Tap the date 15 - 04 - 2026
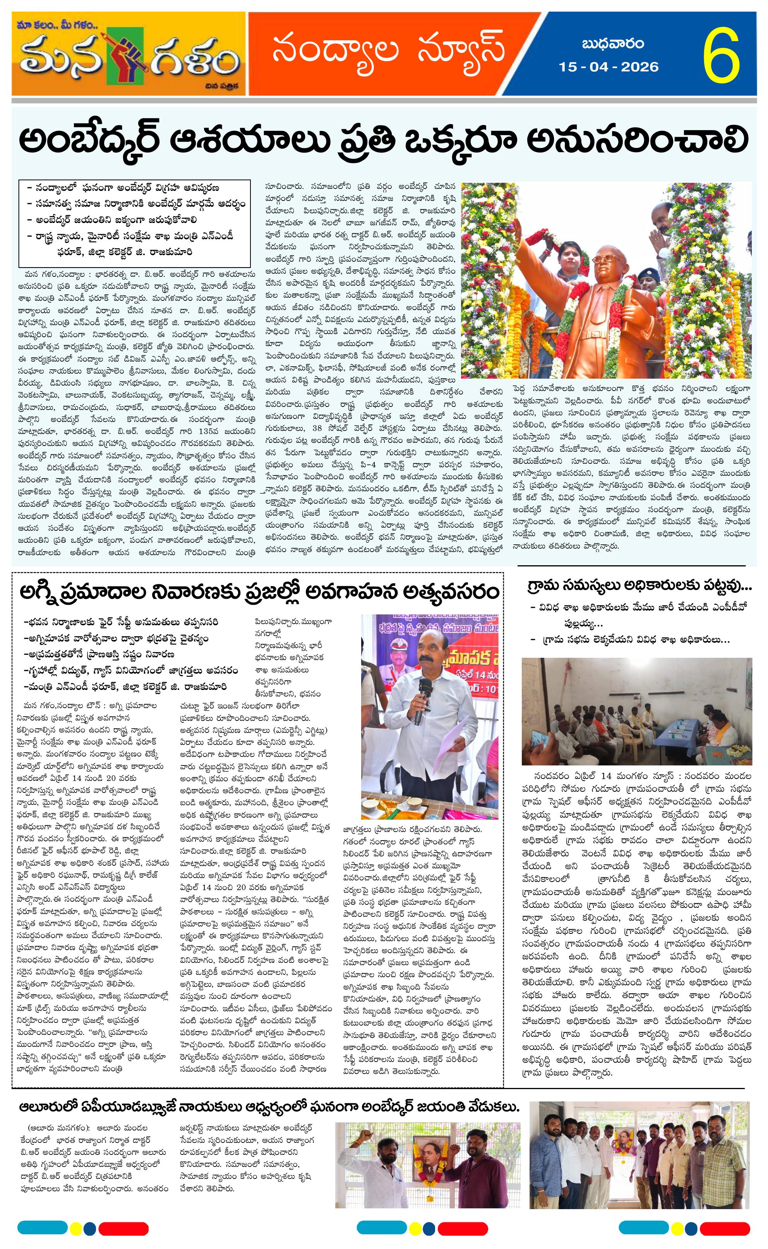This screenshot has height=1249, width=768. (x=609, y=67)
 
